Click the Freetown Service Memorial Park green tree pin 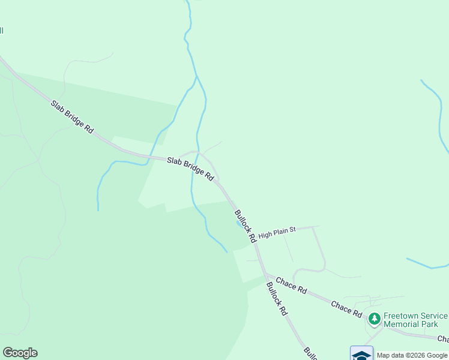[375, 318]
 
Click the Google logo [20, 353]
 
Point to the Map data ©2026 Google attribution [412, 355]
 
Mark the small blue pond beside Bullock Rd [240, 224]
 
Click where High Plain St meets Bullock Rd [256, 241]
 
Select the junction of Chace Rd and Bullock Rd [265, 275]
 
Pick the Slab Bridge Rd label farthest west [72, 117]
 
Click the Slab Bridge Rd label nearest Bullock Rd [190, 169]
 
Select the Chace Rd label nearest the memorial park [346, 309]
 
